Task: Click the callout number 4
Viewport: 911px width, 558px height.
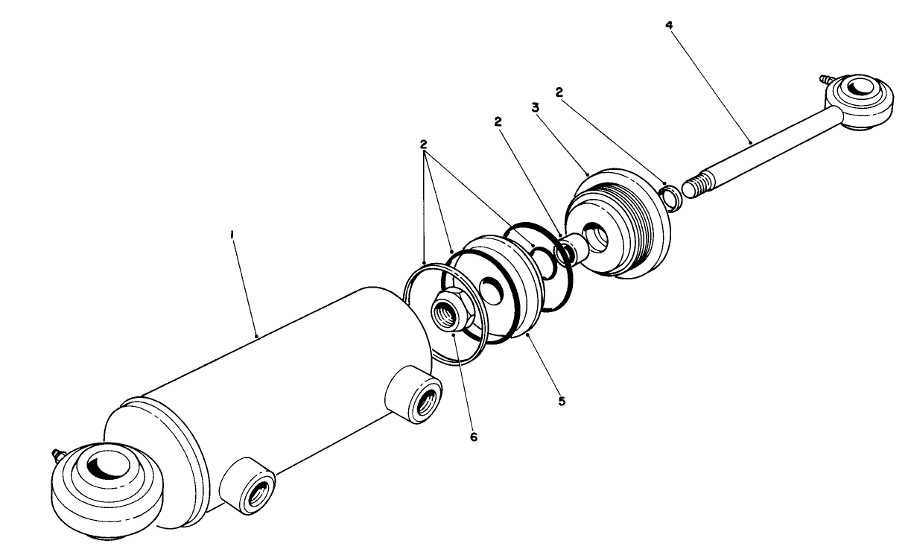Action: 670,25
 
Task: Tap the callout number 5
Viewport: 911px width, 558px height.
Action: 562,401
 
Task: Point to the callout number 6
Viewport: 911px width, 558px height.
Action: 474,437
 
